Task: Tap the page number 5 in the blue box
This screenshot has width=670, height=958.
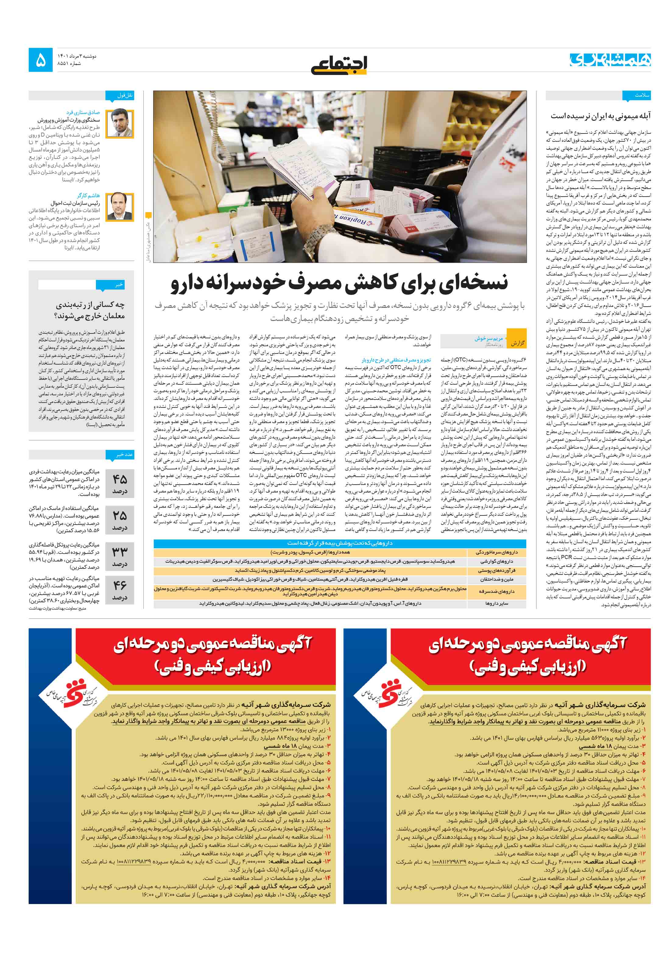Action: (x=41, y=60)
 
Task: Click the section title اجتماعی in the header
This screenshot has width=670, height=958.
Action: (x=339, y=63)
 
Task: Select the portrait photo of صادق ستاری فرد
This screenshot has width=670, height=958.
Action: (x=120, y=123)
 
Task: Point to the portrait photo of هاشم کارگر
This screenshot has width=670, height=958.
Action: (x=120, y=207)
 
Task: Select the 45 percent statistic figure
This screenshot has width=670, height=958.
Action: (x=120, y=483)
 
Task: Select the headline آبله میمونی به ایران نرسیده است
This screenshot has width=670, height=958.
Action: (x=600, y=116)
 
